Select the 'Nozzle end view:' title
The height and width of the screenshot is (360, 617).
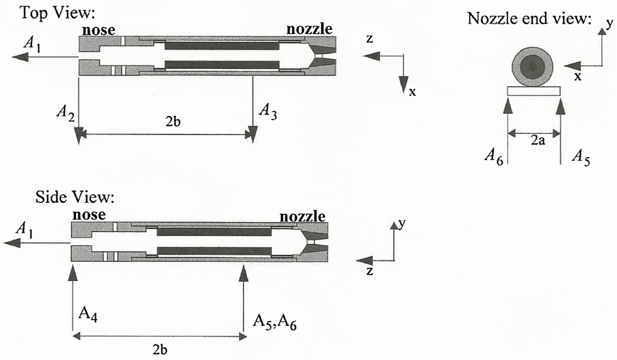(529, 18)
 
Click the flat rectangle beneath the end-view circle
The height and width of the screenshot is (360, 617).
(534, 90)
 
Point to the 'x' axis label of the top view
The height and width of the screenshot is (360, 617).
(412, 92)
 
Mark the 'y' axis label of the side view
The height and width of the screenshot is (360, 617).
(402, 223)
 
